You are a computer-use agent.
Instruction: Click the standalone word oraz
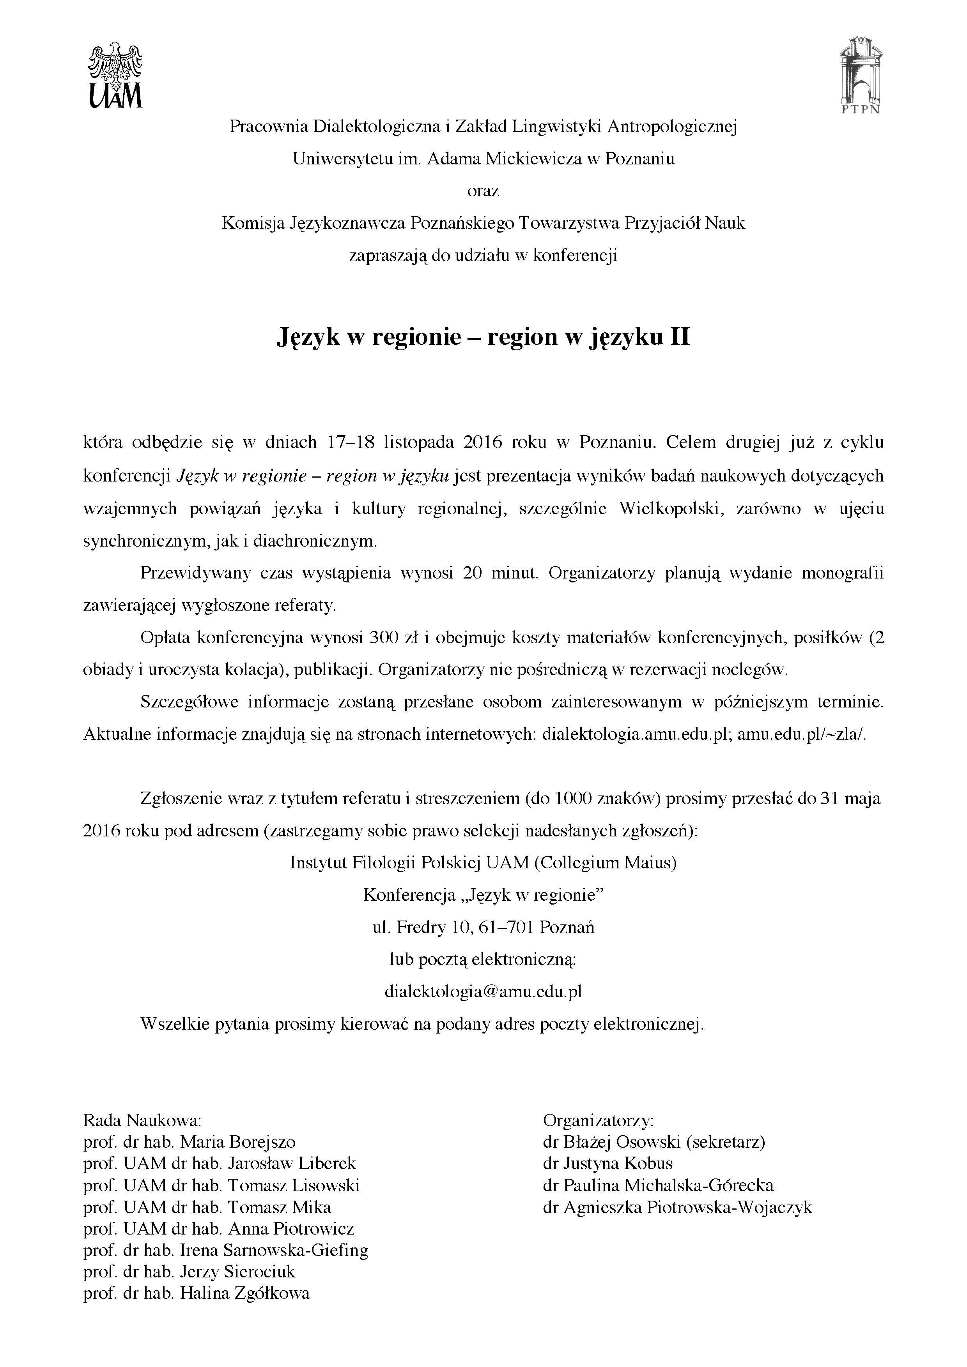coord(483,191)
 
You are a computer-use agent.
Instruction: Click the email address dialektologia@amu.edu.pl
coord(483,992)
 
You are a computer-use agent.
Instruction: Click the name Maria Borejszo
coord(238,1142)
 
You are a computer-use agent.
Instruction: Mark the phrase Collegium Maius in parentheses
coord(605,863)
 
